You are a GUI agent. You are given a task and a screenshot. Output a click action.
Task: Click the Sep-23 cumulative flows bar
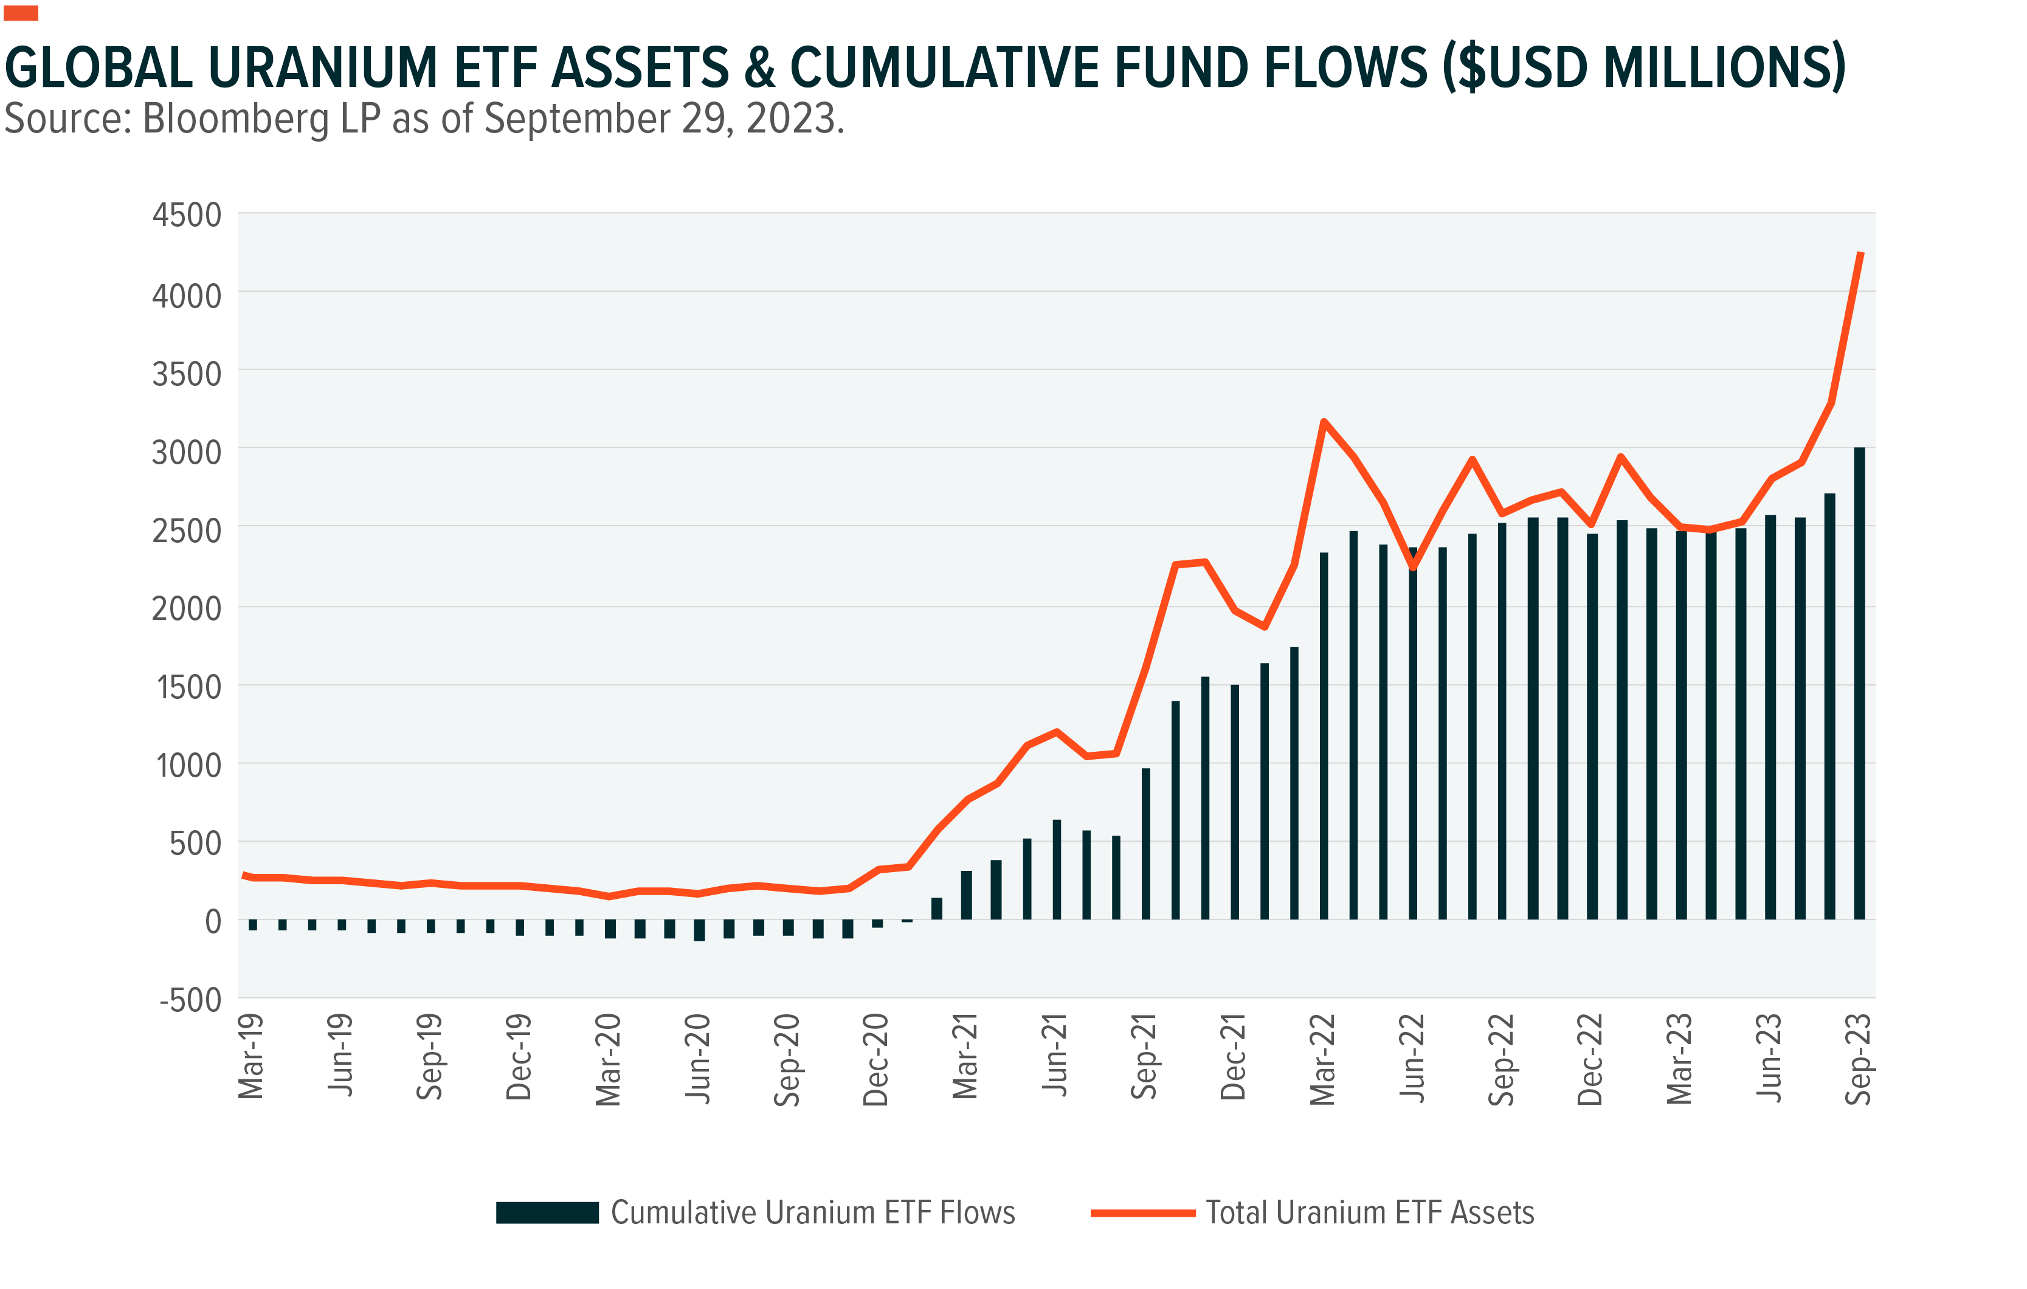pos(1859,683)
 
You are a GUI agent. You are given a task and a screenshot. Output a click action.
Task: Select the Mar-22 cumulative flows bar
pos(1324,736)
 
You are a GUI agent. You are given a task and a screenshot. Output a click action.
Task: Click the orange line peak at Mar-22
pos(1324,422)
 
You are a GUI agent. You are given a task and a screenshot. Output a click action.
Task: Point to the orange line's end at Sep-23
pos(1860,253)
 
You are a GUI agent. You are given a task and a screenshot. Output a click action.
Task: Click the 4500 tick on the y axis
pos(186,215)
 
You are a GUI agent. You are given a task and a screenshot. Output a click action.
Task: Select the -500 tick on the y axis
pos(190,1000)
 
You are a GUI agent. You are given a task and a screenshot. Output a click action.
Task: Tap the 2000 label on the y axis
pos(186,608)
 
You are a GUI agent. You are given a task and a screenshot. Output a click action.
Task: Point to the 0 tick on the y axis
pos(213,921)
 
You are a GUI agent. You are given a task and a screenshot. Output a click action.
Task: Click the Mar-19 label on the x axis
pos(251,1057)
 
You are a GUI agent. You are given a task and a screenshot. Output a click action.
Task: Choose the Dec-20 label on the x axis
pos(875,1059)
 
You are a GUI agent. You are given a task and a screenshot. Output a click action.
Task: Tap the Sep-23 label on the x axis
pos(1858,1059)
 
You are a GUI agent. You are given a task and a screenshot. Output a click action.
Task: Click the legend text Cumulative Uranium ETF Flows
pos(812,1212)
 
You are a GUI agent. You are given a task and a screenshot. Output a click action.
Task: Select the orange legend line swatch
pos(1142,1213)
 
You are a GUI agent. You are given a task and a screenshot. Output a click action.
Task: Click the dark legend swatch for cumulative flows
pos(547,1212)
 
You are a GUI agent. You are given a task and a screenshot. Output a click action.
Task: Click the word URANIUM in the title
pos(322,67)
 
